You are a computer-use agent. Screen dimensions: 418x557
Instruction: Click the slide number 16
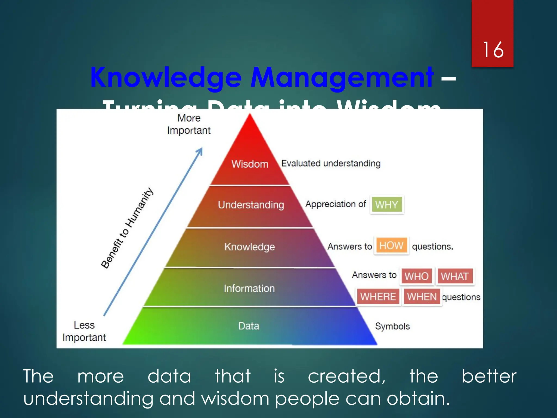(x=493, y=50)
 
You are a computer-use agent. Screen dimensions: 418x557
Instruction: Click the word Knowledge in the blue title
(x=166, y=78)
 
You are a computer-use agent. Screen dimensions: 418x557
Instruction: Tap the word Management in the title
(x=342, y=78)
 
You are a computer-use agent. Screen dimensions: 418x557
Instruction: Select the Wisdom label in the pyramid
(x=250, y=164)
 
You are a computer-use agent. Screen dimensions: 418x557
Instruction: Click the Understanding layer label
(x=251, y=205)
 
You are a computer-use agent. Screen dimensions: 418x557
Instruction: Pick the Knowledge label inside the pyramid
(x=249, y=247)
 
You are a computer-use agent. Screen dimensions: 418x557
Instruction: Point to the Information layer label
(x=249, y=288)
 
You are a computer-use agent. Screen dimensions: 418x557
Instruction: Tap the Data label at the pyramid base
(x=249, y=326)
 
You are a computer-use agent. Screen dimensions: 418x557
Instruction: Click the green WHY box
(x=386, y=205)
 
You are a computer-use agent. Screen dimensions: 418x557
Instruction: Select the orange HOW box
(x=391, y=246)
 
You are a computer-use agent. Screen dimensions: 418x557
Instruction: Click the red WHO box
(x=416, y=276)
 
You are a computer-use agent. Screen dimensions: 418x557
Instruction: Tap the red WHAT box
(x=455, y=276)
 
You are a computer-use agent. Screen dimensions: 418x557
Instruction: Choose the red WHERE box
(x=378, y=297)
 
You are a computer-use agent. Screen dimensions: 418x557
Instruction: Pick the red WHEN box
(x=422, y=297)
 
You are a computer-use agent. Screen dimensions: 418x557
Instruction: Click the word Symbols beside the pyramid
(x=392, y=326)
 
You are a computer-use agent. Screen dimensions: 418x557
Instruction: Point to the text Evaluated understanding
(x=331, y=164)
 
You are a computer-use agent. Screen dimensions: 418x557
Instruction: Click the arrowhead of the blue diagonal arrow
(x=200, y=150)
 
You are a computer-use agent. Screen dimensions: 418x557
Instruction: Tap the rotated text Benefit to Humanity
(x=127, y=228)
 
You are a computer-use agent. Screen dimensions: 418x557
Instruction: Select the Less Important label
(x=84, y=331)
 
